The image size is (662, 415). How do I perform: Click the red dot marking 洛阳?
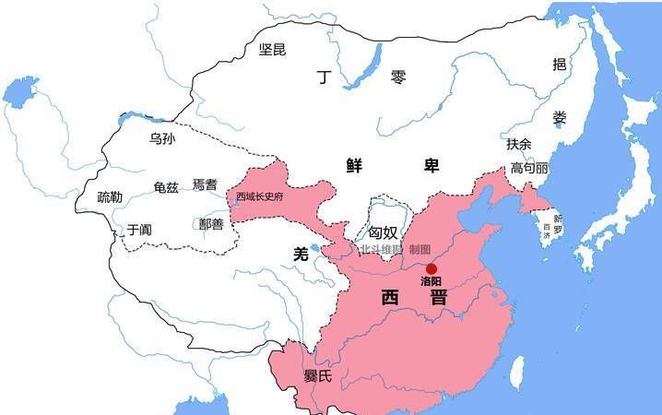coord(431,268)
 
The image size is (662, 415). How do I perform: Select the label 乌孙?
coord(161,138)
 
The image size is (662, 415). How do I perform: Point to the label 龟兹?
coord(166,187)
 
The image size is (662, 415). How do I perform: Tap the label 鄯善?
coord(211,224)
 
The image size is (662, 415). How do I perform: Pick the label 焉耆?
coord(205,184)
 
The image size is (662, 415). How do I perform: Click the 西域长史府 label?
coord(259,196)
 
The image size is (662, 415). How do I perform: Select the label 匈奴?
coord(384,233)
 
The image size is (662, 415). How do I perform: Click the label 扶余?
coord(519,144)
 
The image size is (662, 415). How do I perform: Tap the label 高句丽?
coord(529,170)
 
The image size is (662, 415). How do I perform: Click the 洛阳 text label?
coord(431,282)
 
